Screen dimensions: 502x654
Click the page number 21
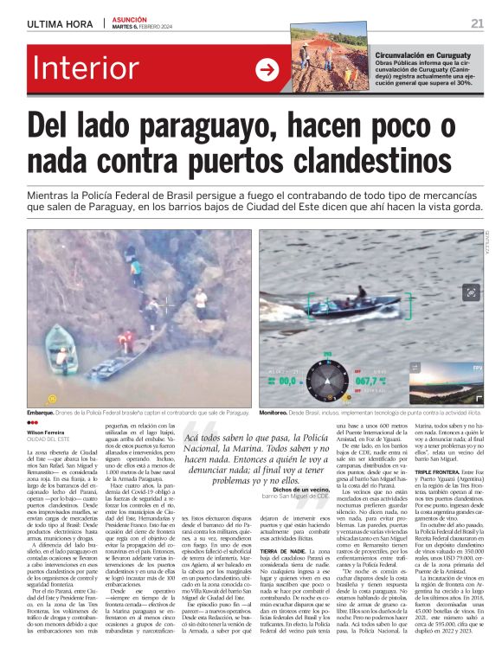pyautogui.click(x=477, y=23)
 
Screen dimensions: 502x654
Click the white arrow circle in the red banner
pyautogui.click(x=267, y=69)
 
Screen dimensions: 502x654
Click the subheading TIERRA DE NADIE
pyautogui.click(x=283, y=551)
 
